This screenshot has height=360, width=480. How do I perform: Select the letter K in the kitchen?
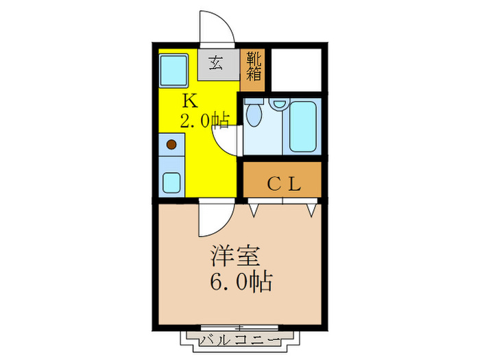click(x=189, y=101)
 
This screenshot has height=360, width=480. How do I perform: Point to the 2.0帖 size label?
click(x=204, y=121)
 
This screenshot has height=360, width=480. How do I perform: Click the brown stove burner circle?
click(x=172, y=145)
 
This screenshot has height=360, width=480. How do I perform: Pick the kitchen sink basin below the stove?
click(x=171, y=182)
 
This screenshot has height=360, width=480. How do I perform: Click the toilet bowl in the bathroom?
click(x=254, y=115)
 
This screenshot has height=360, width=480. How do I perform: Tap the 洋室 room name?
click(x=235, y=258)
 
